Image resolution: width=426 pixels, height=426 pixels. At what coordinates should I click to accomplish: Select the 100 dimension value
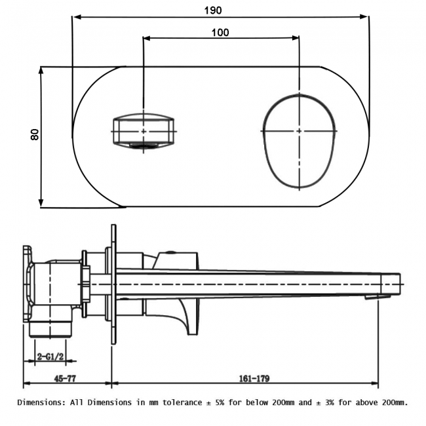[220, 33]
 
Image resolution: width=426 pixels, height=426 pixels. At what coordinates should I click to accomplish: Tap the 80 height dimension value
[35, 134]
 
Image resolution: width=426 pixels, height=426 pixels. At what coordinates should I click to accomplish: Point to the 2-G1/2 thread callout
[50, 356]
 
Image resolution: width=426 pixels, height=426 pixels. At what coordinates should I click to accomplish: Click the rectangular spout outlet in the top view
[144, 131]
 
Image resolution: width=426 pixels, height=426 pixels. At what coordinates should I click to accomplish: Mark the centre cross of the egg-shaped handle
[300, 131]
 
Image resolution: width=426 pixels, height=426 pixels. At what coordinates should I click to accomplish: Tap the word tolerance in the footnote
[177, 402]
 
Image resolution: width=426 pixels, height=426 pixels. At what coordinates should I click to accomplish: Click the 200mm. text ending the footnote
[391, 402]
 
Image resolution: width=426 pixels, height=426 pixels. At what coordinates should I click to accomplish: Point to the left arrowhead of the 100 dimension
[146, 39]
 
